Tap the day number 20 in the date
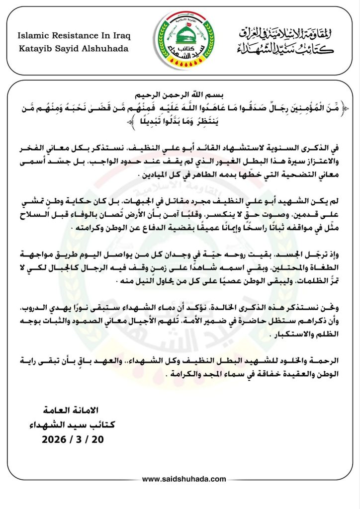(97, 440)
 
